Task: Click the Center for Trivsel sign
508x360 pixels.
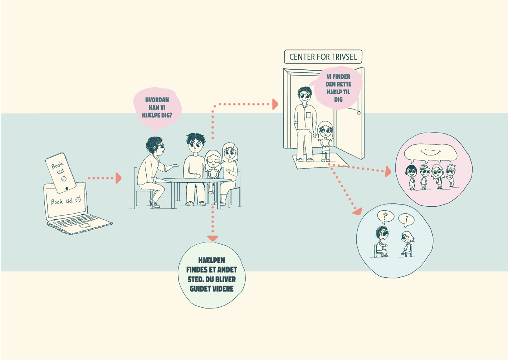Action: click(x=323, y=57)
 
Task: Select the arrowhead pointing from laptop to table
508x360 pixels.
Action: click(x=118, y=178)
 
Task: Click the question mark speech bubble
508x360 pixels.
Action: click(x=385, y=216)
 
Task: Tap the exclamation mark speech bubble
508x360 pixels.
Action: click(x=406, y=220)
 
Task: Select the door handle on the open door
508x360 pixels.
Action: click(x=359, y=113)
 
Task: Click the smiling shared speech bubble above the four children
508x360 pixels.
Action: click(x=430, y=152)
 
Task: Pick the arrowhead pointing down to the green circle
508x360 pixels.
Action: click(x=213, y=238)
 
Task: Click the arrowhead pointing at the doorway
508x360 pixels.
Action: click(x=275, y=104)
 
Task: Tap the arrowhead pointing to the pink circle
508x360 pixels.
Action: click(x=388, y=172)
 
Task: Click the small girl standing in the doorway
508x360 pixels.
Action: click(x=325, y=140)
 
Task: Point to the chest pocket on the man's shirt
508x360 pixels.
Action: click(x=308, y=115)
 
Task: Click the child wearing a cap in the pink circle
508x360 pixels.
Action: click(x=424, y=176)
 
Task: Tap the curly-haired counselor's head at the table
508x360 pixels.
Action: click(x=155, y=145)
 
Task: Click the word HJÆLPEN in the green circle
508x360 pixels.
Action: click(x=211, y=260)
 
